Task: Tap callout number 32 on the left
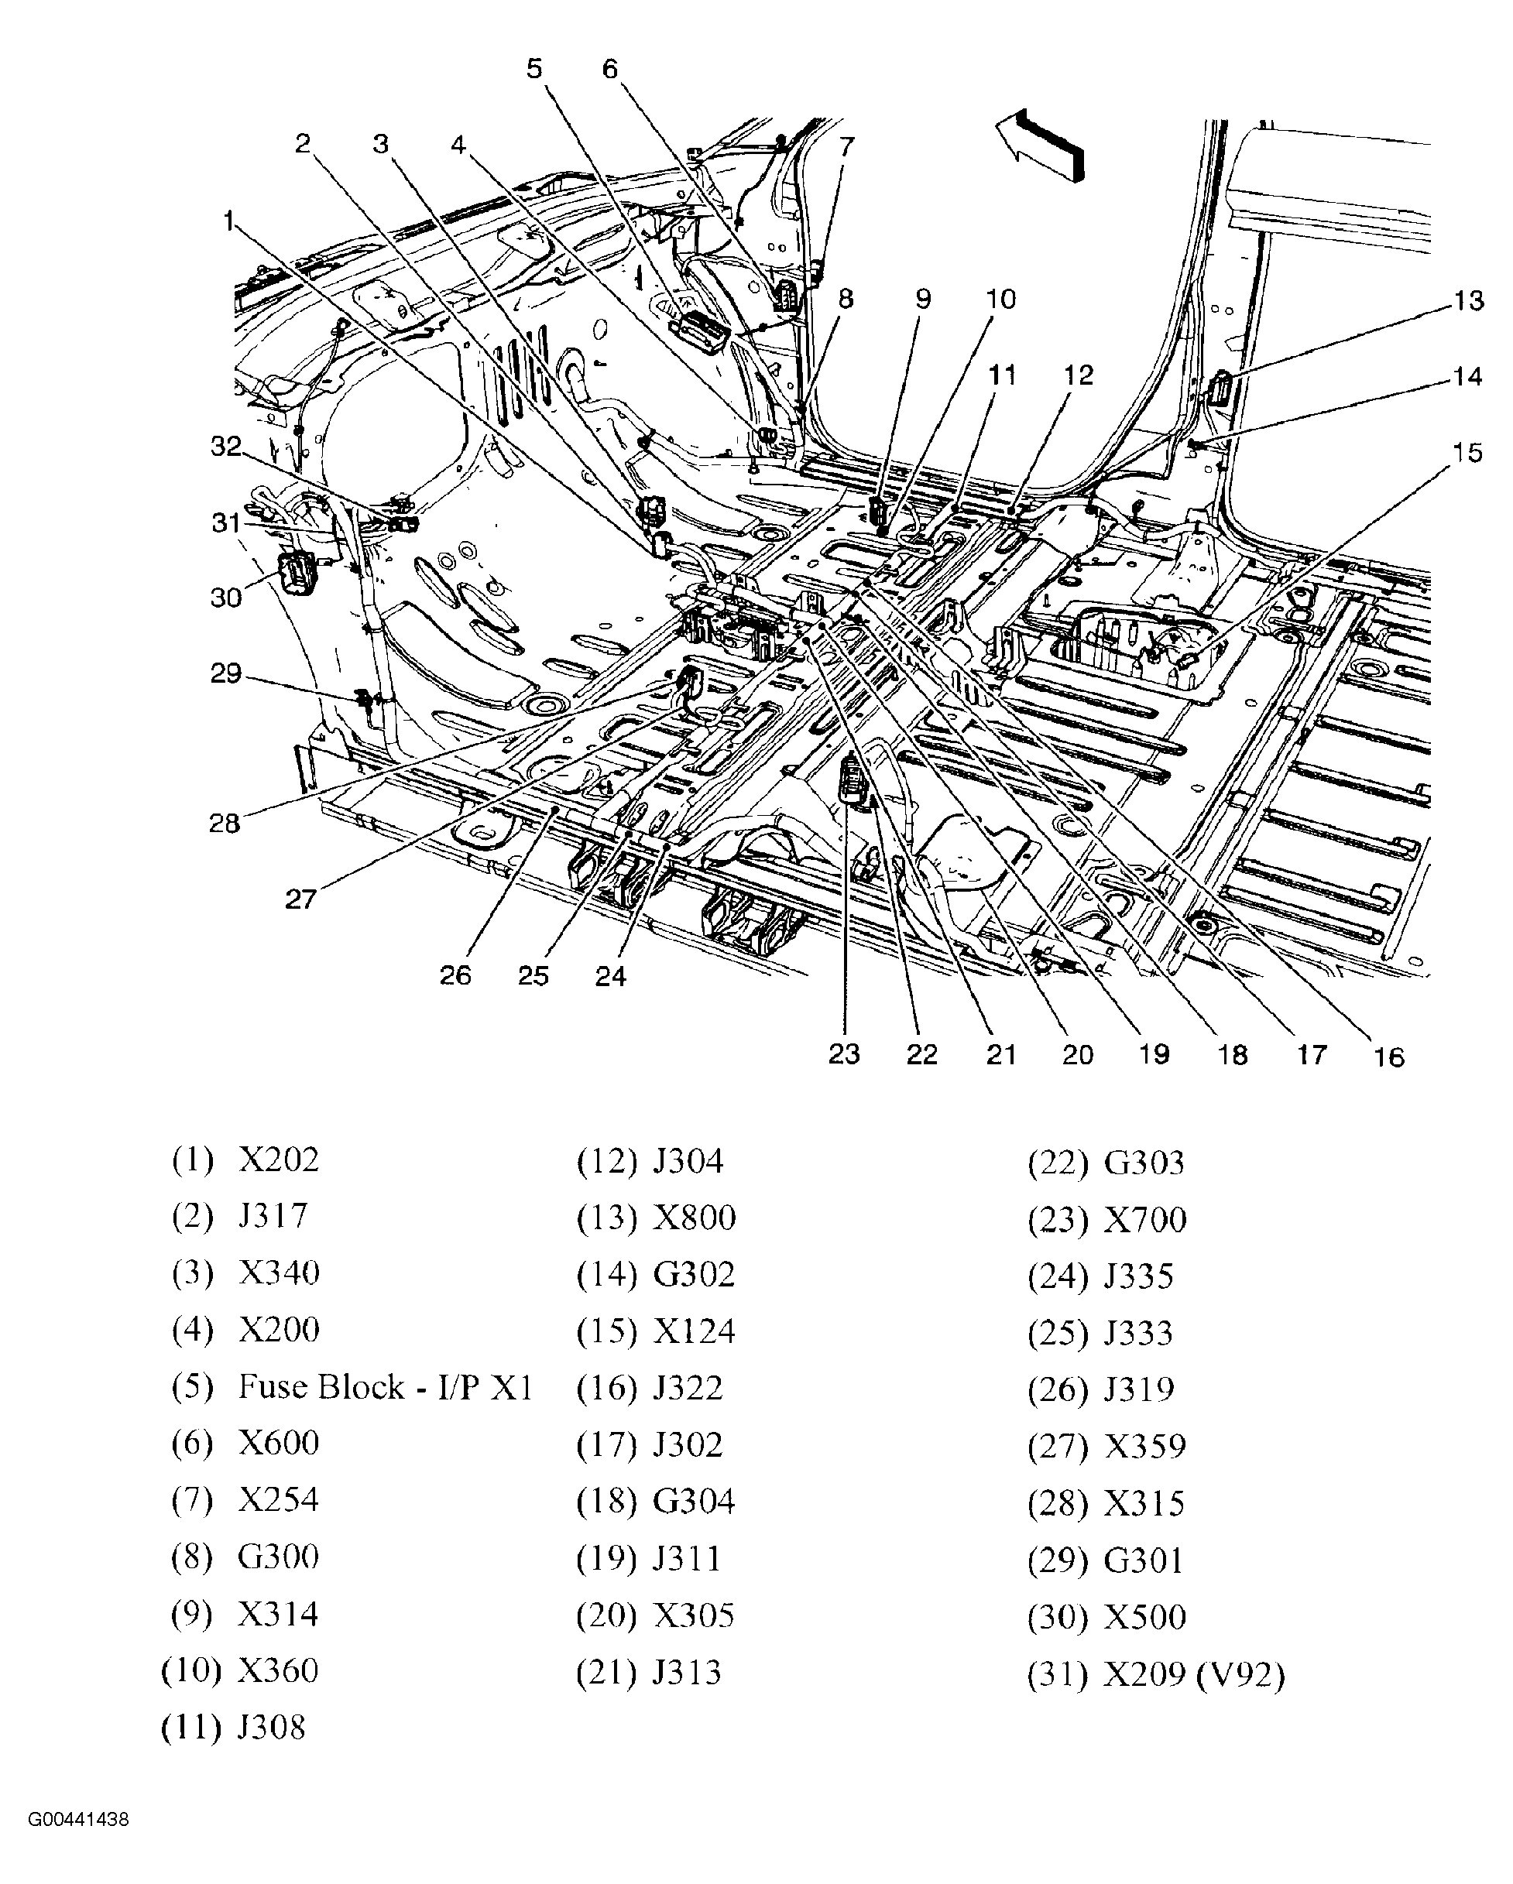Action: pyautogui.click(x=225, y=447)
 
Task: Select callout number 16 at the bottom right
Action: pyautogui.click(x=1388, y=1057)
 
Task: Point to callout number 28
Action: pyautogui.click(x=224, y=823)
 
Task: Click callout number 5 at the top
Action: pyautogui.click(x=534, y=68)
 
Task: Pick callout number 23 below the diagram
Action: pyautogui.click(x=844, y=1055)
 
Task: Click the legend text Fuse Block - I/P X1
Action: pyautogui.click(x=386, y=1387)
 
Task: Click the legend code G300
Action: pyautogui.click(x=278, y=1557)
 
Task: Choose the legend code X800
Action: pyautogui.click(x=694, y=1218)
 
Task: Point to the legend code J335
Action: pyautogui.click(x=1138, y=1276)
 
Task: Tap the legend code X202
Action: pyautogui.click(x=278, y=1160)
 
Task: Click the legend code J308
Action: pyautogui.click(x=271, y=1727)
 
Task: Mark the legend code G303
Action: pyautogui.click(x=1144, y=1162)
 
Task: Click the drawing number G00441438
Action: pyautogui.click(x=79, y=1844)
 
